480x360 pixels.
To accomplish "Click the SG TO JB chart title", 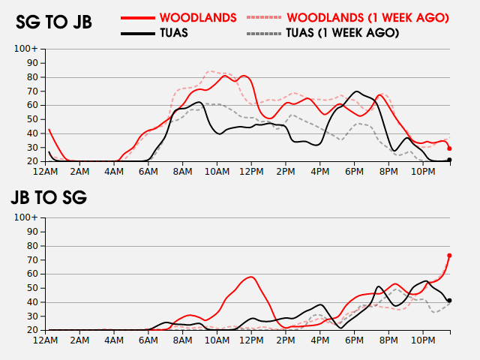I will (54, 22).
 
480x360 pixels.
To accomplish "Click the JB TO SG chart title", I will (49, 198).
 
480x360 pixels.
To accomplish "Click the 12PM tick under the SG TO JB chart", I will (251, 172).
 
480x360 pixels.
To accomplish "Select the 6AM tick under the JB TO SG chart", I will (148, 340).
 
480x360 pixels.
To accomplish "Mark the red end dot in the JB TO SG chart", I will (449, 256).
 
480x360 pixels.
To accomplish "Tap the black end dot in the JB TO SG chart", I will (449, 301).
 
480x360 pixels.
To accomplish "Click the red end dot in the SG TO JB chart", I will (449, 148).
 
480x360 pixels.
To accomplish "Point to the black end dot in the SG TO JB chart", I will (449, 160).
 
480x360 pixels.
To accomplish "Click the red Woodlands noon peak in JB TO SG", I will (251, 277).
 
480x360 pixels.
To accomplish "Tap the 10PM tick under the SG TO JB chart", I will (422, 172).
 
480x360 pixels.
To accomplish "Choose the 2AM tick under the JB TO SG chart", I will (80, 340).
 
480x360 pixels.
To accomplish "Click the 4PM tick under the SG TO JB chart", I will (319, 172).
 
